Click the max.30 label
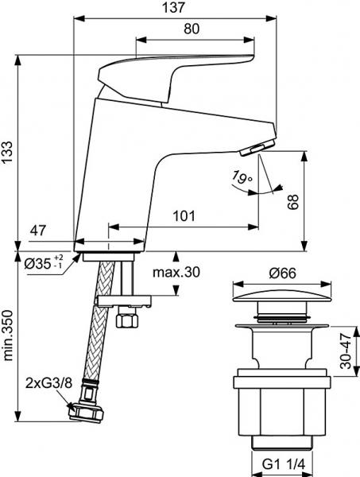[176, 273]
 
